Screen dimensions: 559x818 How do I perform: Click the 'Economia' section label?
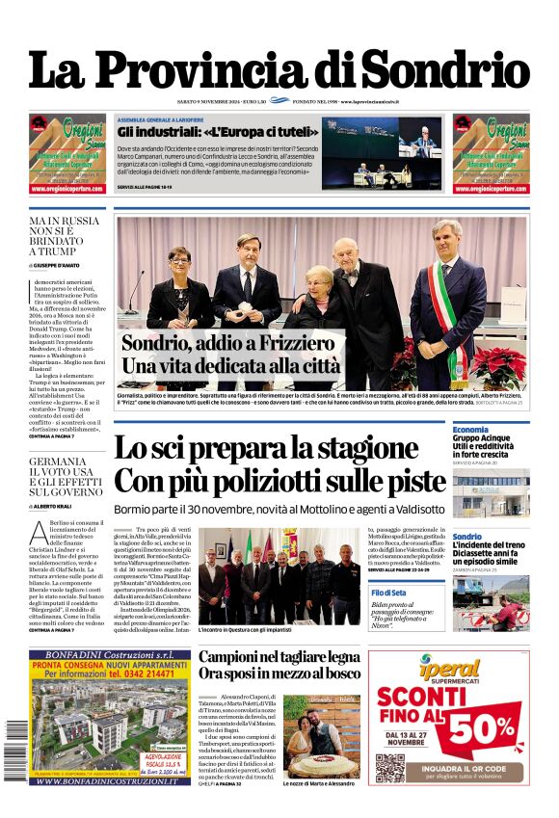pyautogui.click(x=470, y=429)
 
